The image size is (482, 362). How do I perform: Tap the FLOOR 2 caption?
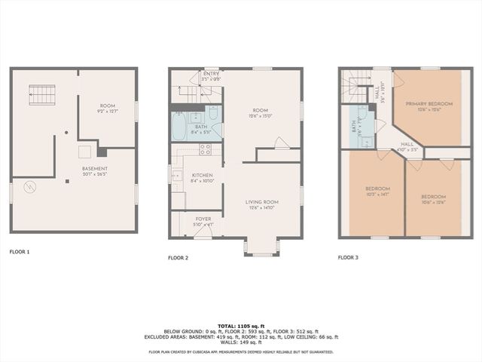[178, 257]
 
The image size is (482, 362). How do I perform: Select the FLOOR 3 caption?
[348, 257]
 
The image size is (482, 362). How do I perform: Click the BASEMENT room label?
[95, 169]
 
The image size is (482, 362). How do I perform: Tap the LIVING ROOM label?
[262, 201]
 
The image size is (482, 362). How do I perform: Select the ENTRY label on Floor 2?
[212, 73]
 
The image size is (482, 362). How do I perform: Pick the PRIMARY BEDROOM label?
[429, 103]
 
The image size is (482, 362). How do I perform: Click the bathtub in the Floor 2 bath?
[178, 127]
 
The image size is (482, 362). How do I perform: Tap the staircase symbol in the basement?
[42, 94]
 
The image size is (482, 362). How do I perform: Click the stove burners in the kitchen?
[204, 149]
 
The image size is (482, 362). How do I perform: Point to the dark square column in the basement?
[102, 152]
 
